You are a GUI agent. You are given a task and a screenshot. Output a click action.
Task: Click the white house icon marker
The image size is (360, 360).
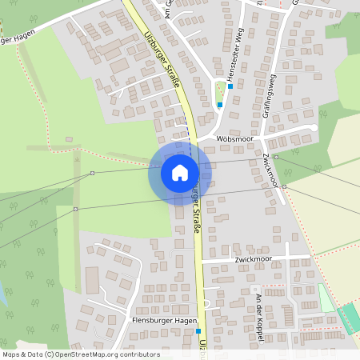(180, 173)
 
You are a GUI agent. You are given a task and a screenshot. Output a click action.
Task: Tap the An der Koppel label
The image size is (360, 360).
(259, 308)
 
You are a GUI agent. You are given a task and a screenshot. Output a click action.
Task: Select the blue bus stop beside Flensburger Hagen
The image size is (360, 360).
(198, 330)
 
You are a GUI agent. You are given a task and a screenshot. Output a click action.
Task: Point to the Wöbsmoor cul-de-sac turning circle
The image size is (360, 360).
(314, 127)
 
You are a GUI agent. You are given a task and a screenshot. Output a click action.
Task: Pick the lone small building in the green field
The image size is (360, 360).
(70, 140)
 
